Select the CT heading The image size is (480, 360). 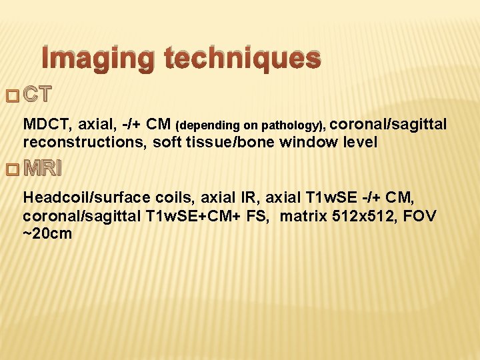coord(37,95)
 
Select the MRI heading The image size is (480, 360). coord(42,169)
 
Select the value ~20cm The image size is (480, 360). coord(47,234)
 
